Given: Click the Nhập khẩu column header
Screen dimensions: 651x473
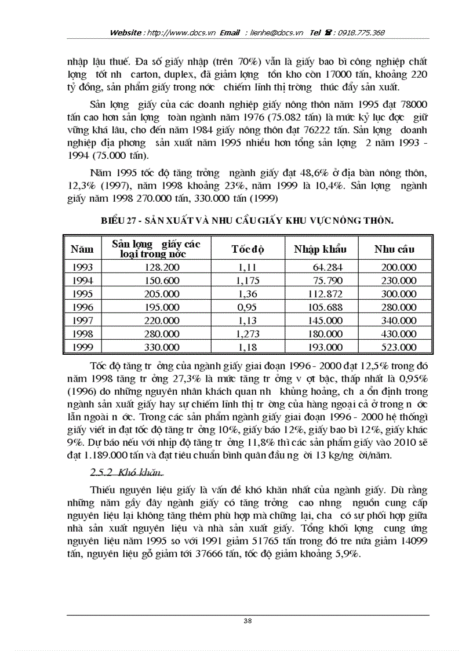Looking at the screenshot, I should (320, 249).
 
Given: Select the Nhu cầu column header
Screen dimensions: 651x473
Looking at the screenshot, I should (394, 249).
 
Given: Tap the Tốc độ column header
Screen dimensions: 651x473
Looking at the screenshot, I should (248, 249).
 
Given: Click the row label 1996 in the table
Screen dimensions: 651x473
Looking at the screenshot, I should (82, 307).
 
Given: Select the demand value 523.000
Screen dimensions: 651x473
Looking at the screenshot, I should (399, 347).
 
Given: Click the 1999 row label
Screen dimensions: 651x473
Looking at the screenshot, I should (82, 347).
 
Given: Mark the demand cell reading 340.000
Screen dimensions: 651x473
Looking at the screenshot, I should (399, 321).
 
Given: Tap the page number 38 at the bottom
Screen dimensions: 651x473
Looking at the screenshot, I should (248, 621).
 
